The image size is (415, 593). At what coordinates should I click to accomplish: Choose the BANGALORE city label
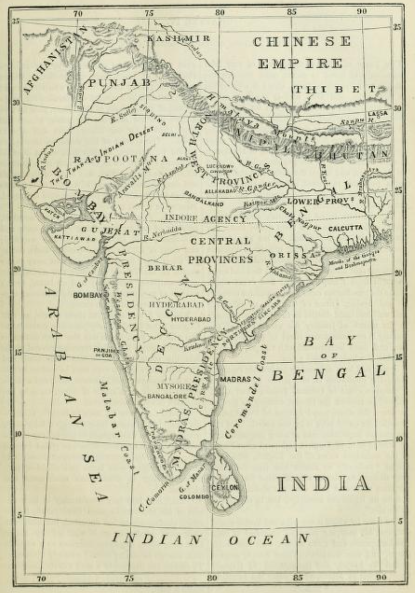click(x=167, y=396)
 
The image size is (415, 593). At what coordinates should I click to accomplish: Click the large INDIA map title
click(x=323, y=483)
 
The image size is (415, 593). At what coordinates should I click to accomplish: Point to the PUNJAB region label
click(x=119, y=83)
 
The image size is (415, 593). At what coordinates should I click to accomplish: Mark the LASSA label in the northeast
click(x=377, y=114)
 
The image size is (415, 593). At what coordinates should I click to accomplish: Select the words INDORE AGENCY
click(x=205, y=219)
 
